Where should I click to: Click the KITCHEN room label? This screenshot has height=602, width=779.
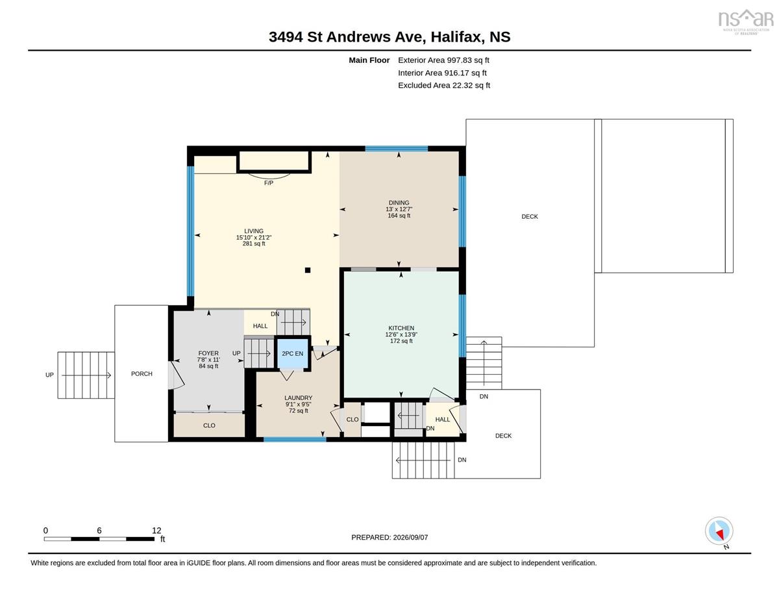pos(401,328)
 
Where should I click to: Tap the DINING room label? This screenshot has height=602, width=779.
pos(399,203)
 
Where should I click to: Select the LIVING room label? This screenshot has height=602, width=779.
pos(254,231)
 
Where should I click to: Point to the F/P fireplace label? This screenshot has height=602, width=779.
pos(269,183)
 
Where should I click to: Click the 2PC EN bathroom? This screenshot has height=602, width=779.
pos(293,353)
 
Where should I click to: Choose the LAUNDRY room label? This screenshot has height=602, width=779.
pos(298,397)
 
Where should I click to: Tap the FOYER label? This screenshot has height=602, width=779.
pos(208,353)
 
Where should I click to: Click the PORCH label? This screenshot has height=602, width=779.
pos(142,373)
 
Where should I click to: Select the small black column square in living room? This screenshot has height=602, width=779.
pos(308,270)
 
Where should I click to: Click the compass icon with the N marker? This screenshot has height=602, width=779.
pos(719,531)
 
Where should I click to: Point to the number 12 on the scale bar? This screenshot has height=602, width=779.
pos(156,531)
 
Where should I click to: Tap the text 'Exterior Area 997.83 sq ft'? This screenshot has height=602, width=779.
pos(443,60)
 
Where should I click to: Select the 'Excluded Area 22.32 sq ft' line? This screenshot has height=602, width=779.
pos(444,85)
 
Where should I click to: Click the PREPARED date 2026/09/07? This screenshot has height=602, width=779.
pos(410,538)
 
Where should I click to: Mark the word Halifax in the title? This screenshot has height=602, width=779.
pos(455,37)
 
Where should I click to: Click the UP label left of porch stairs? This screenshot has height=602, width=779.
pos(49,375)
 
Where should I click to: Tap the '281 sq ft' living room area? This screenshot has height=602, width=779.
pos(254,244)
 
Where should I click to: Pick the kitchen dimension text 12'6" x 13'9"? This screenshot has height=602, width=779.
pos(401,334)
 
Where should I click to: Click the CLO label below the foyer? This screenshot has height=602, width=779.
pos(209,425)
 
